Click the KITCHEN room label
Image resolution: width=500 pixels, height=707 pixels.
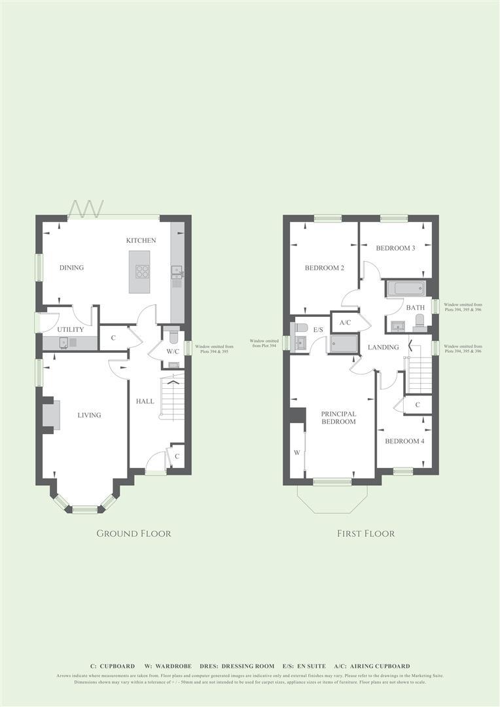tap(141, 240)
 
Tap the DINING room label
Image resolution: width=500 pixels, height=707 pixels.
tap(71, 267)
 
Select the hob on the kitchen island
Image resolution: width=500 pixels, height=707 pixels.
tap(142, 272)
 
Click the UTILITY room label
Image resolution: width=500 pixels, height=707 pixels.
tap(71, 329)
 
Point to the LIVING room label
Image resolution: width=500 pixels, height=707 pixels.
tap(89, 414)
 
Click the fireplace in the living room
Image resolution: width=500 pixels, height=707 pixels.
tap(52, 416)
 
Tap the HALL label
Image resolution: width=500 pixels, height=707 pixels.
tap(145, 401)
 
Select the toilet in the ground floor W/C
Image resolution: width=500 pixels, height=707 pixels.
tap(173, 336)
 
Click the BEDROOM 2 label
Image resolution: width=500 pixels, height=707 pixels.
tap(324, 268)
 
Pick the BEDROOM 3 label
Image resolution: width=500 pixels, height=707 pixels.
tap(395, 248)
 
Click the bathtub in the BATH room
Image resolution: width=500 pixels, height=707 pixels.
tap(406, 289)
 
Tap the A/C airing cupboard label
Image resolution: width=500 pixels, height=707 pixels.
tap(345, 323)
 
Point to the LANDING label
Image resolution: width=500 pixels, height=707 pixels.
tap(383, 346)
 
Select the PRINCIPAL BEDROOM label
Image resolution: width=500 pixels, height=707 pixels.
tap(338, 418)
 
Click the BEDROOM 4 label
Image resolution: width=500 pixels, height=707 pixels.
tap(404, 441)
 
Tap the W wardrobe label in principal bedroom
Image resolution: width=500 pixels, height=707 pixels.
tap(296, 452)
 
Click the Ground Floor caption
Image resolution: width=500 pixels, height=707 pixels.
tap(134, 534)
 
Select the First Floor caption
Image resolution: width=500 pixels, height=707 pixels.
tap(366, 534)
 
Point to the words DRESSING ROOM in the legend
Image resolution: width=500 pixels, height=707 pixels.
tap(248, 666)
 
